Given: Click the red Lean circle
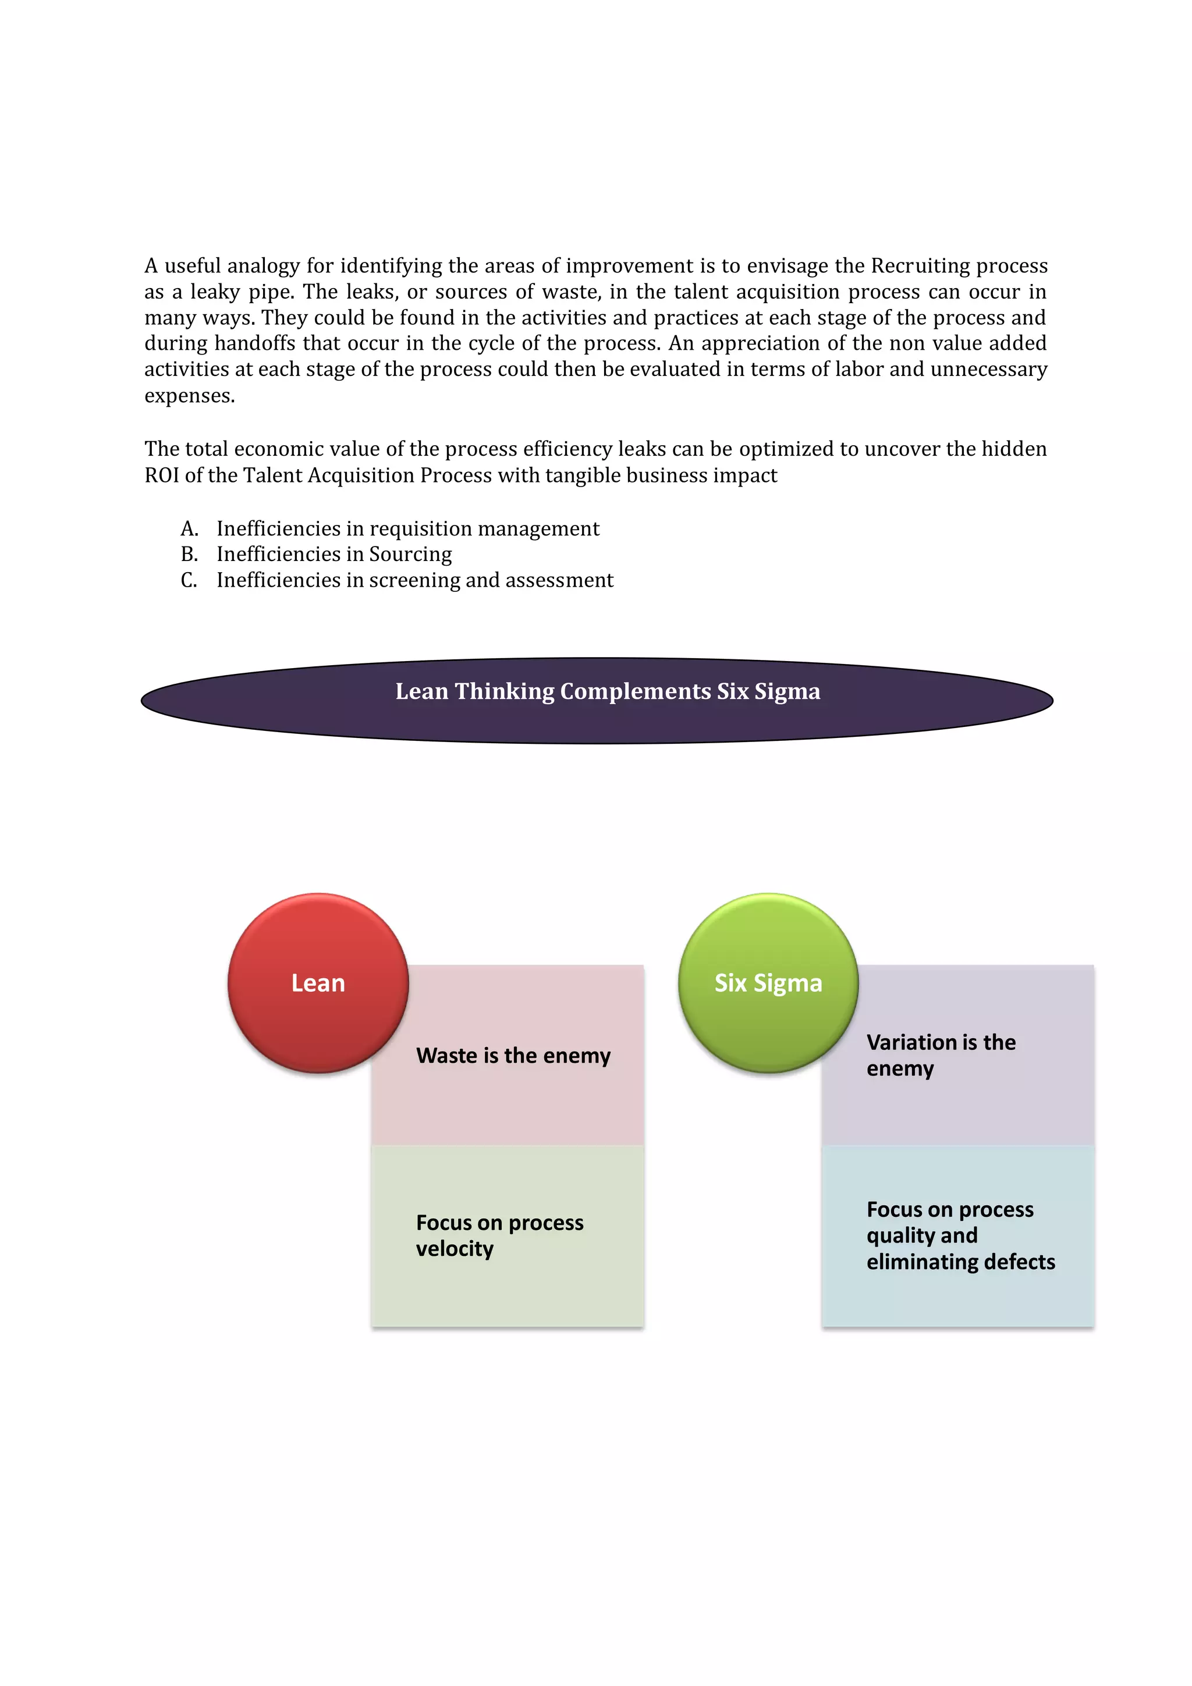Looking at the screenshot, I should click(317, 982).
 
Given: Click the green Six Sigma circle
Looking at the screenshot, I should click(768, 982).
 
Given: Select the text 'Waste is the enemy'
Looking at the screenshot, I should click(513, 1055).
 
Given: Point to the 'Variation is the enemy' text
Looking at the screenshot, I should click(940, 1055).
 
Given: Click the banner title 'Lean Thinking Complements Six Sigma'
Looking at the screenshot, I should click(608, 691).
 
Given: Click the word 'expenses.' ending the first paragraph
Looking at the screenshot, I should click(190, 396).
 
